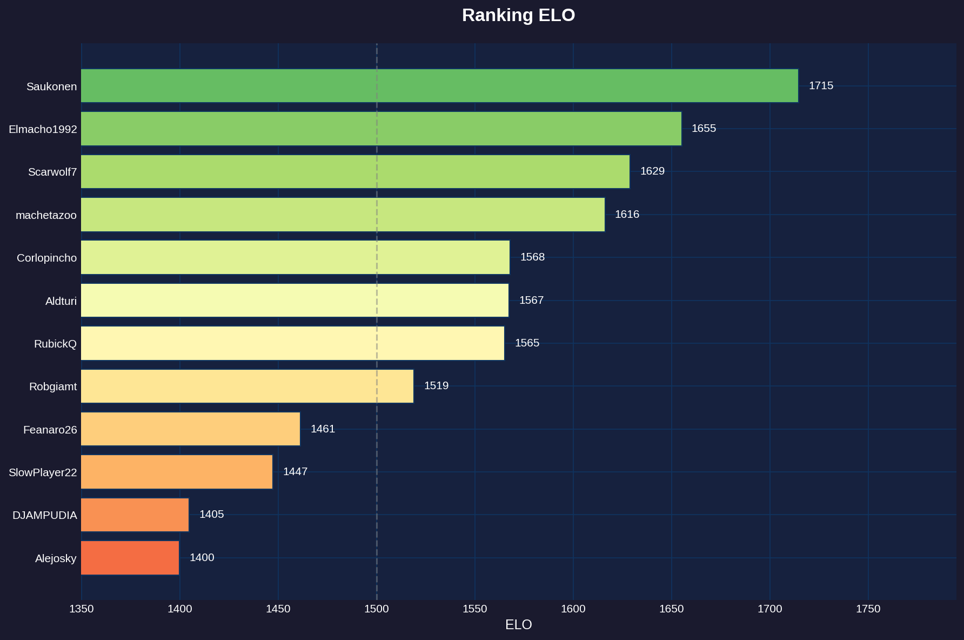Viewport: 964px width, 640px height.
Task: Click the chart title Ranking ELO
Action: pyautogui.click(x=518, y=15)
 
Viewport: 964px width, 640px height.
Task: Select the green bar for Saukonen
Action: pyautogui.click(x=439, y=85)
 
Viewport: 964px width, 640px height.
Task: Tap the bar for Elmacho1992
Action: pyautogui.click(x=381, y=129)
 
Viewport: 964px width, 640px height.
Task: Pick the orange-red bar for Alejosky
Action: pyautogui.click(x=130, y=557)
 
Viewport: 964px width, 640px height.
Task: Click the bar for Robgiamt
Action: pyautogui.click(x=247, y=386)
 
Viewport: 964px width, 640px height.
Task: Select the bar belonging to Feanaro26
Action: pyautogui.click(x=190, y=429)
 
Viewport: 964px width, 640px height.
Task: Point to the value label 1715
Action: pyautogui.click(x=821, y=85)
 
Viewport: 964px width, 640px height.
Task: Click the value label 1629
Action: pyautogui.click(x=652, y=171)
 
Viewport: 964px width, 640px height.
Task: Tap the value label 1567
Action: pyautogui.click(x=531, y=300)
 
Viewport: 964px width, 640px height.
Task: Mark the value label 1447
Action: pyautogui.click(x=295, y=471)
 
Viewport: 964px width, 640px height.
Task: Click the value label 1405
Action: pyautogui.click(x=211, y=514)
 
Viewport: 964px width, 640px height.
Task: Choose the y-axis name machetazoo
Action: pyautogui.click(x=46, y=215)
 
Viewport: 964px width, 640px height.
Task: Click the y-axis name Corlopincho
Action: pyautogui.click(x=46, y=258)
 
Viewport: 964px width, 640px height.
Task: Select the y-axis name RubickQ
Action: pyautogui.click(x=55, y=344)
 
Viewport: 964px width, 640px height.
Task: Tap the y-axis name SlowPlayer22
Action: pyautogui.click(x=43, y=472)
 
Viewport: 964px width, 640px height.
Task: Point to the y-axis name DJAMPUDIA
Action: pyautogui.click(x=45, y=515)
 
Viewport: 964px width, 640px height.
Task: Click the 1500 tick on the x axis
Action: pyautogui.click(x=377, y=609)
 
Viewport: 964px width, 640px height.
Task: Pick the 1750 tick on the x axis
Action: pyautogui.click(x=868, y=609)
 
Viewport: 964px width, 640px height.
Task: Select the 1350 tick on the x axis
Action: pyautogui.click(x=82, y=609)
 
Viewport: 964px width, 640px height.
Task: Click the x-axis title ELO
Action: pyautogui.click(x=518, y=625)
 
